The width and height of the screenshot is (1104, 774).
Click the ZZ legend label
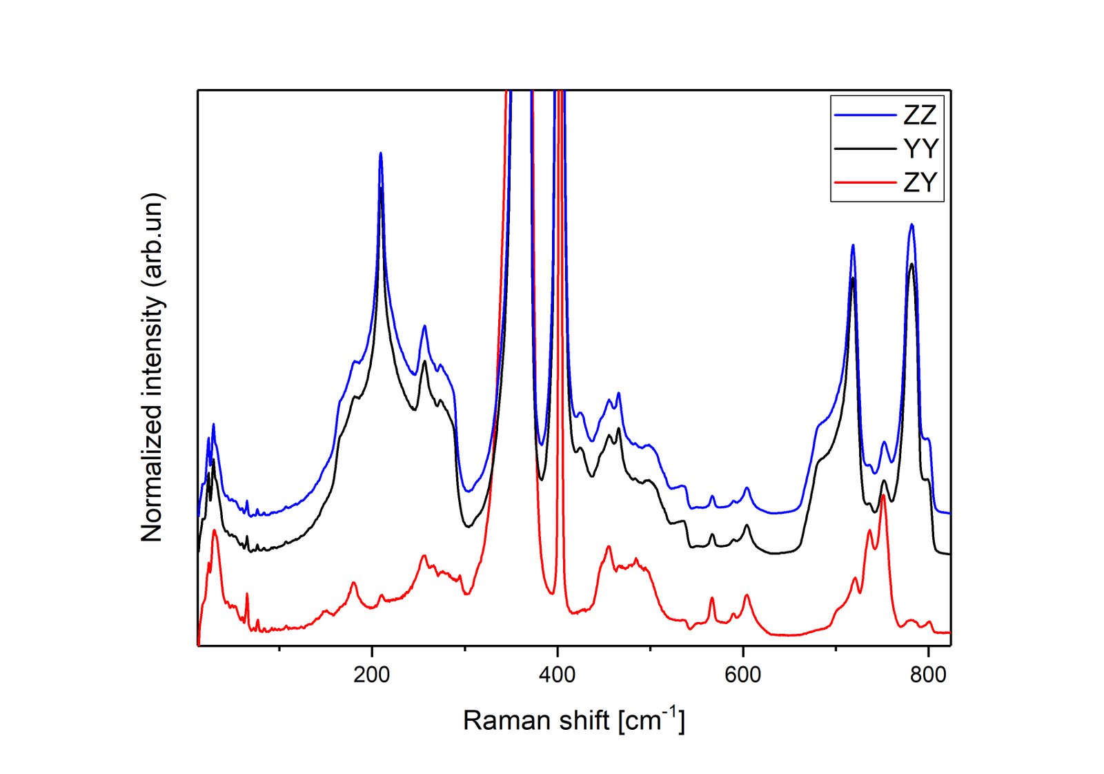click(919, 115)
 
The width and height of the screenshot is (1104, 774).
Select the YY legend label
click(920, 148)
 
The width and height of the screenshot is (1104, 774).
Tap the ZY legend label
click(920, 182)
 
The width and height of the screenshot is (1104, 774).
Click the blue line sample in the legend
click(865, 115)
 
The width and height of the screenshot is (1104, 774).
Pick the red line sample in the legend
click(865, 182)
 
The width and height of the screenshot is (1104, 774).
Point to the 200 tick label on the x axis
click(371, 675)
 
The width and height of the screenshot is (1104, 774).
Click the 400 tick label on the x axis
click(557, 675)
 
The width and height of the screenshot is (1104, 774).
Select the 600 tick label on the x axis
click(742, 675)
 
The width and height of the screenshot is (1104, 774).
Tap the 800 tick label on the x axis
click(928, 675)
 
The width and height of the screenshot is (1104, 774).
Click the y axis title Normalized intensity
click(152, 367)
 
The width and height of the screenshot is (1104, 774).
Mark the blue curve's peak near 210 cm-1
click(380, 154)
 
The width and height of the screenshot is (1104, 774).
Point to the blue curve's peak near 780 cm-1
click(911, 224)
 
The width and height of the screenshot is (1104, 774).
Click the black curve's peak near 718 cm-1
click(853, 278)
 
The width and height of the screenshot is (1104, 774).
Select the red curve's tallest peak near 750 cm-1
click(883, 495)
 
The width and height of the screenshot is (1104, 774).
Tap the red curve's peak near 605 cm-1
click(747, 594)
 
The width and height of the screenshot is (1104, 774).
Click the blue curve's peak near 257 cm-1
click(424, 326)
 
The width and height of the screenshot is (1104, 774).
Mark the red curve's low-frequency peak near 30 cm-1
click(215, 530)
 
